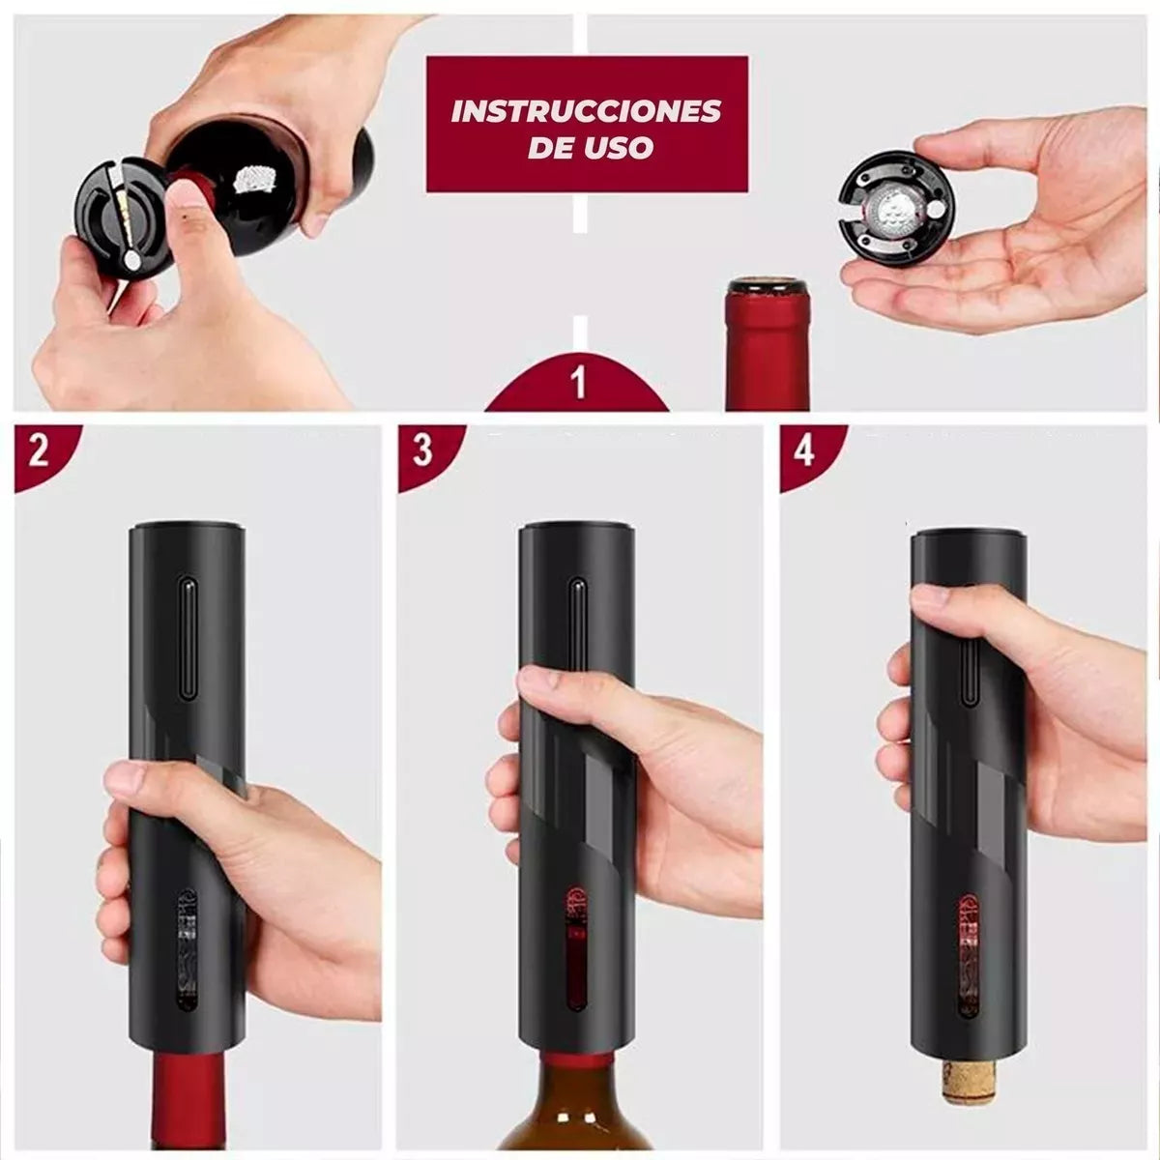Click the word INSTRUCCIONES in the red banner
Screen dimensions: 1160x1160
point(587,112)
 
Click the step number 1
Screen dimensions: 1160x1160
point(578,382)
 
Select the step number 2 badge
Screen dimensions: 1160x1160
point(39,450)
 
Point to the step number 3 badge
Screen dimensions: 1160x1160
point(422,450)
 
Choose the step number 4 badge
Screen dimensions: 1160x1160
point(805,450)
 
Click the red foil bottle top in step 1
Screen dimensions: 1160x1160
point(768,344)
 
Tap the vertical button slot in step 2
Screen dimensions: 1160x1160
point(188,639)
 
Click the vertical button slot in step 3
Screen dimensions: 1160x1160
point(577,639)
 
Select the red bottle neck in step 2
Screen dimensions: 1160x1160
point(188,1103)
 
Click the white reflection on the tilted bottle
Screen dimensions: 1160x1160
point(254,179)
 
